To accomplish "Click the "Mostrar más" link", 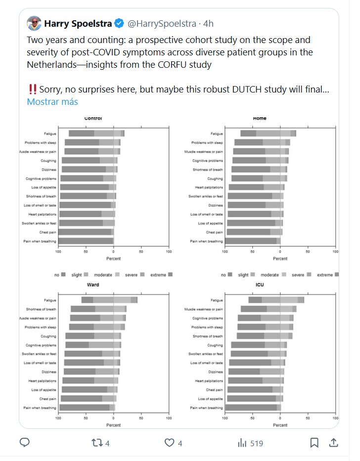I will click(x=52, y=102).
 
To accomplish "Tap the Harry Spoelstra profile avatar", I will click(x=34, y=23).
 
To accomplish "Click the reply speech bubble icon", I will click(x=25, y=443).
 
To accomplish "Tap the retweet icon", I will click(x=97, y=443).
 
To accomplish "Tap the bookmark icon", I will click(x=314, y=443).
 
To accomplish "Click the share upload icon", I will click(x=334, y=443).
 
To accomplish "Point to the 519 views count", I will click(x=256, y=443).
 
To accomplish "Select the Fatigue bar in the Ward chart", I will click(x=109, y=300).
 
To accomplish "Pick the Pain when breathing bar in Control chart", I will click(x=86, y=241).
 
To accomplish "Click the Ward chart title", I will click(x=93, y=284).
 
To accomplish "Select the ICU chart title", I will click(x=260, y=284).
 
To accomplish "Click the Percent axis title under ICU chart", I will click(x=280, y=425).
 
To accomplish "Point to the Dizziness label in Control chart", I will click(x=47, y=169).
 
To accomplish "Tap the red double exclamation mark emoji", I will click(x=33, y=90).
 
